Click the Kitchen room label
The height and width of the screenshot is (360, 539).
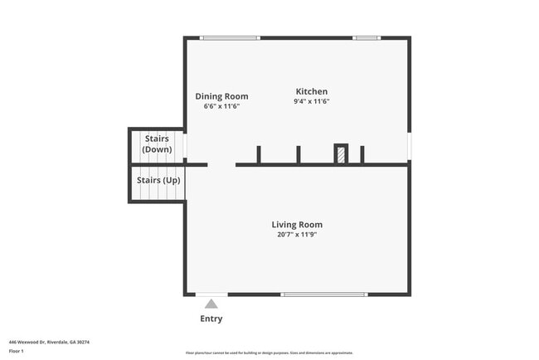311,91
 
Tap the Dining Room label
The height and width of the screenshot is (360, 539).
221,96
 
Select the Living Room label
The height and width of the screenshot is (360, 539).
297,224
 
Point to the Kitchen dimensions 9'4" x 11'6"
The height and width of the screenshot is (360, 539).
311,101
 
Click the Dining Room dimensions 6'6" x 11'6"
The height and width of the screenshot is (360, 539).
221,106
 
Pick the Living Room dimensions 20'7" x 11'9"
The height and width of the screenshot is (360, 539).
297,235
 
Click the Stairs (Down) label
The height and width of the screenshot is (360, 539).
158,144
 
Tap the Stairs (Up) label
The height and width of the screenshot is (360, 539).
158,180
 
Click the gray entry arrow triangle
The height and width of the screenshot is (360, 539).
211,304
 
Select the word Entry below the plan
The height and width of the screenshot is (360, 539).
211,319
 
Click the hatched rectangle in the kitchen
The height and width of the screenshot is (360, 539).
341,154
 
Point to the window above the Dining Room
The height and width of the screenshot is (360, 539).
230,37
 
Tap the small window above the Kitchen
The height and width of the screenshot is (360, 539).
366,37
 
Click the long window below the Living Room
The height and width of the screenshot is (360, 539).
323,294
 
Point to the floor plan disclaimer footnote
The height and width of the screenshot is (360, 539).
269,353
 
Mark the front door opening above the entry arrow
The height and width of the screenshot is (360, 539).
211,294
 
